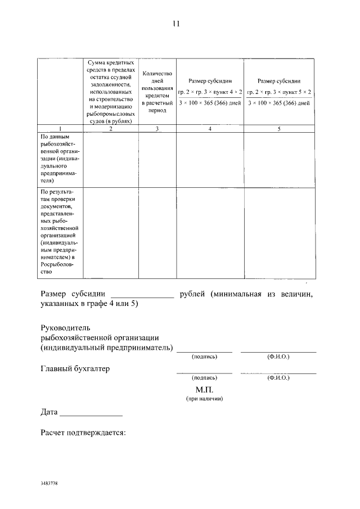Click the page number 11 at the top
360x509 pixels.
click(176, 24)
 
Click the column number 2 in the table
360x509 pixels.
click(110, 129)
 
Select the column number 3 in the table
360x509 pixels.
click(157, 129)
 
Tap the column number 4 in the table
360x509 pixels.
click(210, 129)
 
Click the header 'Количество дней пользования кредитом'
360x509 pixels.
click(157, 92)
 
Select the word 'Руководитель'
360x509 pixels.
click(65, 327)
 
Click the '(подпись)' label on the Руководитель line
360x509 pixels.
click(204, 357)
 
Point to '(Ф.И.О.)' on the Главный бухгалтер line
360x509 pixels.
click(278, 378)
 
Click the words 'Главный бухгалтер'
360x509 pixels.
click(75, 369)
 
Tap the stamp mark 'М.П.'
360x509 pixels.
click(204, 389)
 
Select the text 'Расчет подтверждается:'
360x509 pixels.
click(83, 433)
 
